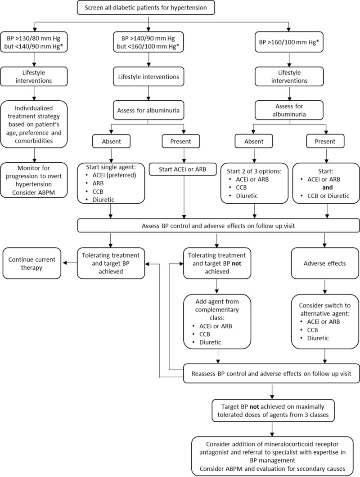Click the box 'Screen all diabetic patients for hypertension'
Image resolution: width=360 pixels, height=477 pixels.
[149, 7]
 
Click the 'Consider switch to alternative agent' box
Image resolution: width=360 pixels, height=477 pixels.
[323, 322]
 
